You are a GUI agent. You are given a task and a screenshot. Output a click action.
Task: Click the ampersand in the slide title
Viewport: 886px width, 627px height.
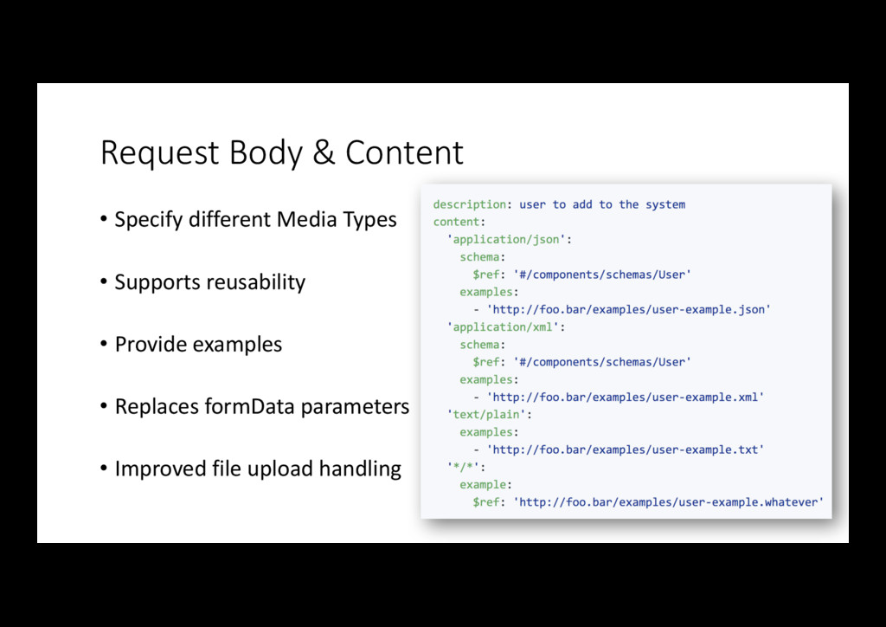pos(323,153)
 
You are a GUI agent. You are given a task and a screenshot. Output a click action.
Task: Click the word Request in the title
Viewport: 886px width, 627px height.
pos(161,153)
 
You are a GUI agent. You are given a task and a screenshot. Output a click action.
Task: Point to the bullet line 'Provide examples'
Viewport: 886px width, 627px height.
pos(198,345)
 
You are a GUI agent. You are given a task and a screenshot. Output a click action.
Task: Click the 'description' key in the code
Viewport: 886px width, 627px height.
pos(470,204)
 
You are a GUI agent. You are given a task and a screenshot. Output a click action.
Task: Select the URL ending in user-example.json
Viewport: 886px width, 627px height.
pos(628,309)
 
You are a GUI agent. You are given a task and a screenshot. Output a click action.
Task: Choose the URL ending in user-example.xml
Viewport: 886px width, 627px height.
pos(625,397)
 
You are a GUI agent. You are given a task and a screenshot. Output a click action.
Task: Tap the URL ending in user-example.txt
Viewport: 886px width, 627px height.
pos(625,449)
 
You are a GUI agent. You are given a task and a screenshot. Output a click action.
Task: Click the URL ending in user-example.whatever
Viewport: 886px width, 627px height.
pos(668,501)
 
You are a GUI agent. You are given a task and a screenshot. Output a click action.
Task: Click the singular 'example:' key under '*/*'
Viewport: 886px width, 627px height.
pos(485,484)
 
